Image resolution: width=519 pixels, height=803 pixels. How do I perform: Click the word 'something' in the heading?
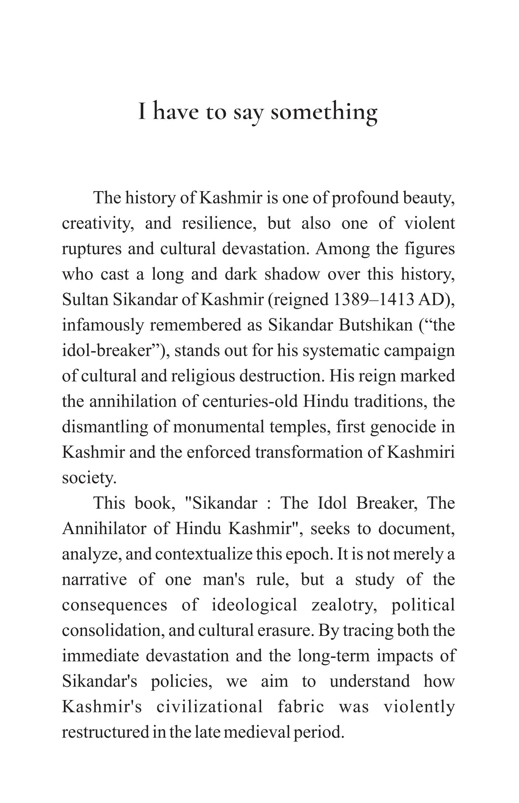[324, 112]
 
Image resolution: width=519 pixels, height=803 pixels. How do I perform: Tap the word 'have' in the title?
[176, 112]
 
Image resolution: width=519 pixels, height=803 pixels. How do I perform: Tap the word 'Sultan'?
[85, 299]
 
